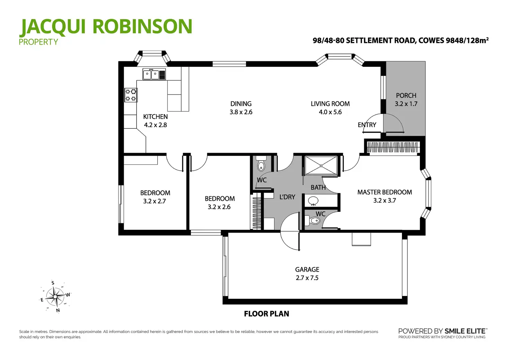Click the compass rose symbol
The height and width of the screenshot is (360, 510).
click(x=55, y=296)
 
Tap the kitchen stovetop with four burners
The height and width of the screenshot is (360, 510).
click(x=131, y=95)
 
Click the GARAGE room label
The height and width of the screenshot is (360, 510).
click(x=307, y=269)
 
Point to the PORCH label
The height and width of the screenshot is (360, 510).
click(x=406, y=96)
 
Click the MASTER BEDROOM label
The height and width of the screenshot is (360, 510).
click(x=385, y=192)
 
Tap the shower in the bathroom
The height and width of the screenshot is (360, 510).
click(x=320, y=165)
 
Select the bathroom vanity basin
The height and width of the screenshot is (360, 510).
click(x=314, y=200)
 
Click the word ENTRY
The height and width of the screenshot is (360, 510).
click(x=367, y=125)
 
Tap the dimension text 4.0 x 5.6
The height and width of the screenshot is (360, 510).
click(x=330, y=112)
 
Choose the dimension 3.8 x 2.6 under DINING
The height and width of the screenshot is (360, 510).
click(x=241, y=112)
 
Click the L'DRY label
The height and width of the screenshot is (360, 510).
click(x=287, y=197)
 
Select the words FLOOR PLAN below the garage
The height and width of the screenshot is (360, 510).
click(x=266, y=314)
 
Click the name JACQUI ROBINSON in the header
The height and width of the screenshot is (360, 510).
click(x=106, y=27)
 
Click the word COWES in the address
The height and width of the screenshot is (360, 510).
click(x=431, y=40)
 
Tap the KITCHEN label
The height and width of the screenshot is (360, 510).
click(x=155, y=117)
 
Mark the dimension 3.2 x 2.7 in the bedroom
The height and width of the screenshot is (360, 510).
click(x=155, y=201)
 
